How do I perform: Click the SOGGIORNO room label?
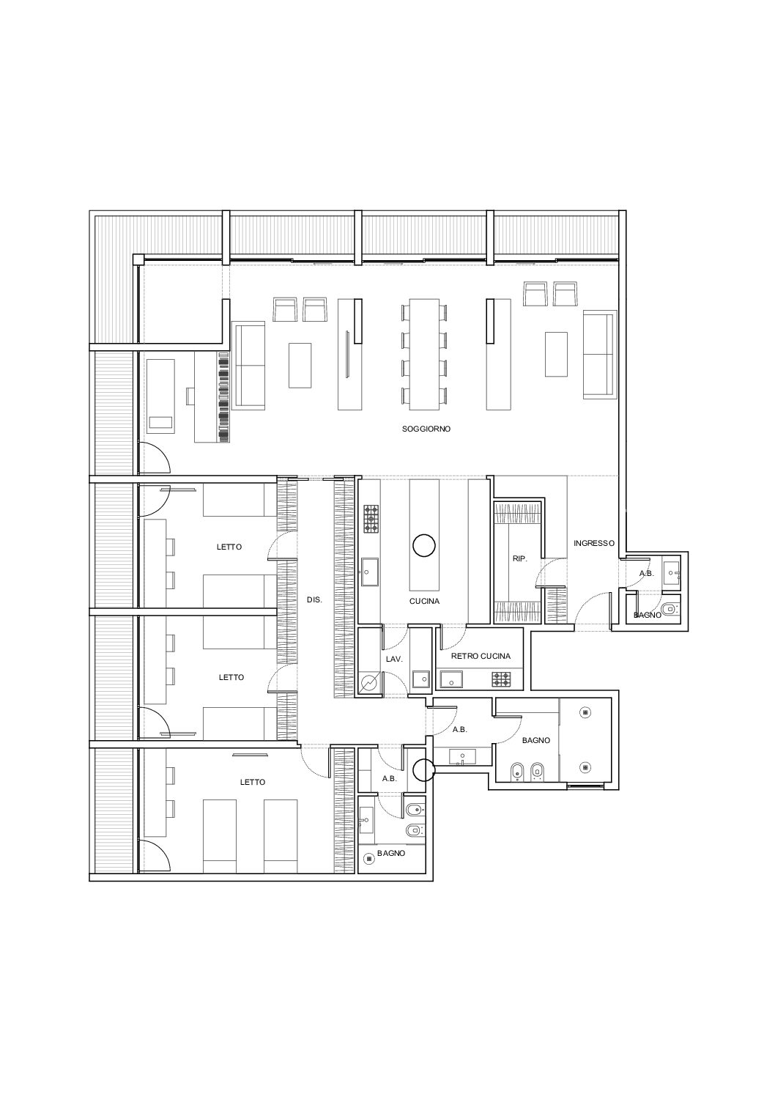(426, 429)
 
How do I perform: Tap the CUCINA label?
(424, 602)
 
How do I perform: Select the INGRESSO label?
(594, 543)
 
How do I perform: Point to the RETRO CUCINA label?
(481, 657)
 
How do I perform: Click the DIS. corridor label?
(314, 599)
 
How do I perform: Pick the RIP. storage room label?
(520, 558)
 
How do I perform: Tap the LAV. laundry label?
(394, 660)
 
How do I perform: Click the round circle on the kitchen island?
(424, 545)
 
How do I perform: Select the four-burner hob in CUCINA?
(371, 519)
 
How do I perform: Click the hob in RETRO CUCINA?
(501, 679)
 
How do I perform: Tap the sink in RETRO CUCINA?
(451, 679)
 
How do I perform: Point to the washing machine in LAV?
(370, 682)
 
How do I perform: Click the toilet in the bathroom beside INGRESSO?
(669, 610)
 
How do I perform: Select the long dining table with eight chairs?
(424, 354)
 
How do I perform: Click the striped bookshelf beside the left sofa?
(223, 397)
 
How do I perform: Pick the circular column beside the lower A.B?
(423, 770)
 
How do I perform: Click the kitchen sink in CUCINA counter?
(370, 572)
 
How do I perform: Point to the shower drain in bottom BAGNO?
(370, 858)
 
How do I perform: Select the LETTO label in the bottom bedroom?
(253, 782)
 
